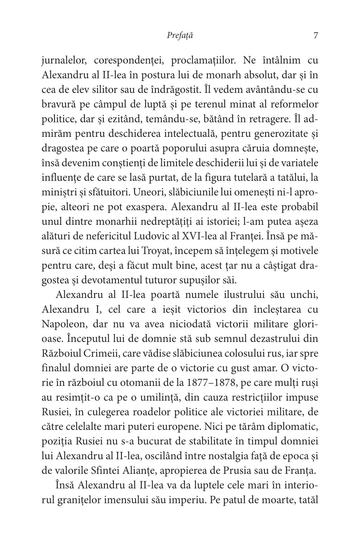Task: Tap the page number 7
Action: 315,36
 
